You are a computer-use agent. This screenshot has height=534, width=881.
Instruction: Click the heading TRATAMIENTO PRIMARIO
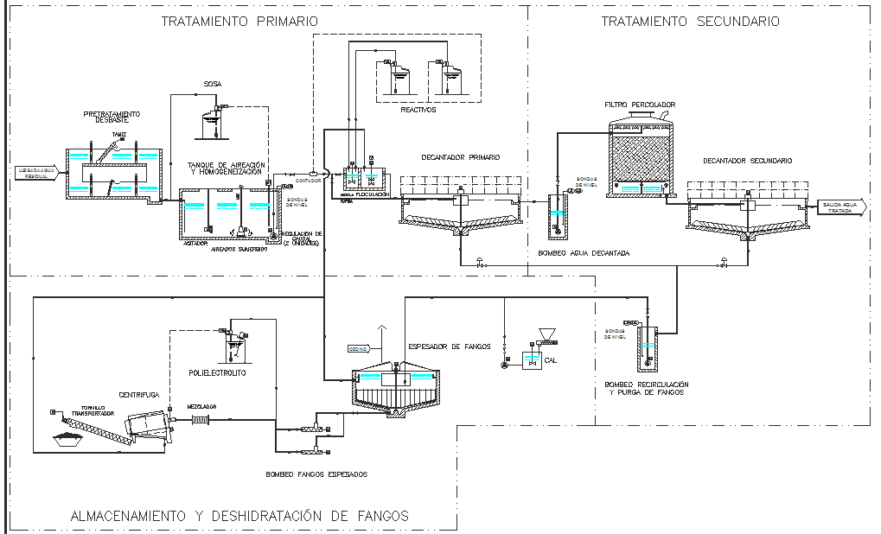(239, 21)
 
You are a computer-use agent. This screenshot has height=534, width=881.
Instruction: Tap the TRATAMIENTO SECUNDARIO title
(690, 21)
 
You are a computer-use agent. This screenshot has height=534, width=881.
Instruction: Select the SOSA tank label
(213, 84)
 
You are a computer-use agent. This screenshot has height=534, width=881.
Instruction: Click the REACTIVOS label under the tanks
(418, 110)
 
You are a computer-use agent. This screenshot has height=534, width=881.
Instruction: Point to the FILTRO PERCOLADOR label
(640, 105)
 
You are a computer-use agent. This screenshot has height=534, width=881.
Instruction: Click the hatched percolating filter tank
(640, 158)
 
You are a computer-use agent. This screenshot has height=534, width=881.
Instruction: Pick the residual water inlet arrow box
(37, 171)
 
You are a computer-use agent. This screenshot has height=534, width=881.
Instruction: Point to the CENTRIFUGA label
(140, 393)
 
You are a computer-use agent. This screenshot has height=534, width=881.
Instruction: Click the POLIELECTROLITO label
(218, 373)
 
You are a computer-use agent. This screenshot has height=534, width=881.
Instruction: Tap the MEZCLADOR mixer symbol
(201, 420)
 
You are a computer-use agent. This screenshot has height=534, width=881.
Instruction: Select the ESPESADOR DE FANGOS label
(449, 346)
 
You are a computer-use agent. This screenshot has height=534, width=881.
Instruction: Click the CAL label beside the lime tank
(550, 360)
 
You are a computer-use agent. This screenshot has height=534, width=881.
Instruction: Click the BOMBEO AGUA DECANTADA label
(584, 253)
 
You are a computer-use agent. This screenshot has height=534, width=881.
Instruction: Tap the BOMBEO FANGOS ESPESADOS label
(316, 474)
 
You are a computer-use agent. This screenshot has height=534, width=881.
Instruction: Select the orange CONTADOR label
(309, 181)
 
